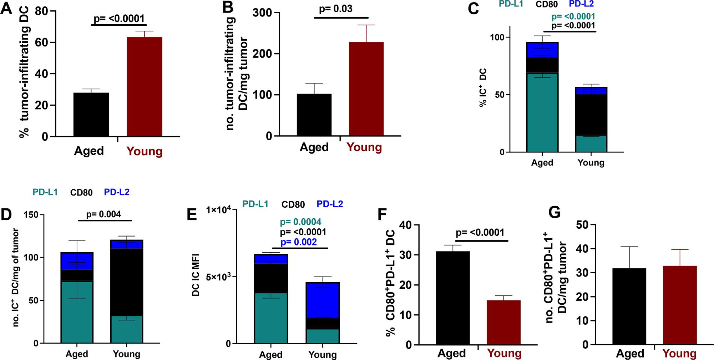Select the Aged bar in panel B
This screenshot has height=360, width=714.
click(x=314, y=115)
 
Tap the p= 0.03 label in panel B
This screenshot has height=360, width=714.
click(x=335, y=9)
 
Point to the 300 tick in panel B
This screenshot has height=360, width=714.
click(x=263, y=13)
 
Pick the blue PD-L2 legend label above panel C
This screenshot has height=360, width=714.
click(x=581, y=4)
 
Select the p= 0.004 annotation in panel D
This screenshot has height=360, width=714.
click(x=103, y=214)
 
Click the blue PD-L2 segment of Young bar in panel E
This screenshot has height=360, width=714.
click(x=323, y=300)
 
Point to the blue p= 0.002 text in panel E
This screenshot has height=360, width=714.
click(x=298, y=242)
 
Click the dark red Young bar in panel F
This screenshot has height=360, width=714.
click(x=503, y=323)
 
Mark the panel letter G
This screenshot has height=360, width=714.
click(x=554, y=212)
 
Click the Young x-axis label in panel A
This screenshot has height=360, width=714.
click(x=144, y=151)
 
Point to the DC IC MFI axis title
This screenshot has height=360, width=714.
click(x=196, y=275)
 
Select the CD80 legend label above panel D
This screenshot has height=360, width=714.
click(x=81, y=193)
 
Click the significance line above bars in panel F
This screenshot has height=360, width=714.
click(x=481, y=241)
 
